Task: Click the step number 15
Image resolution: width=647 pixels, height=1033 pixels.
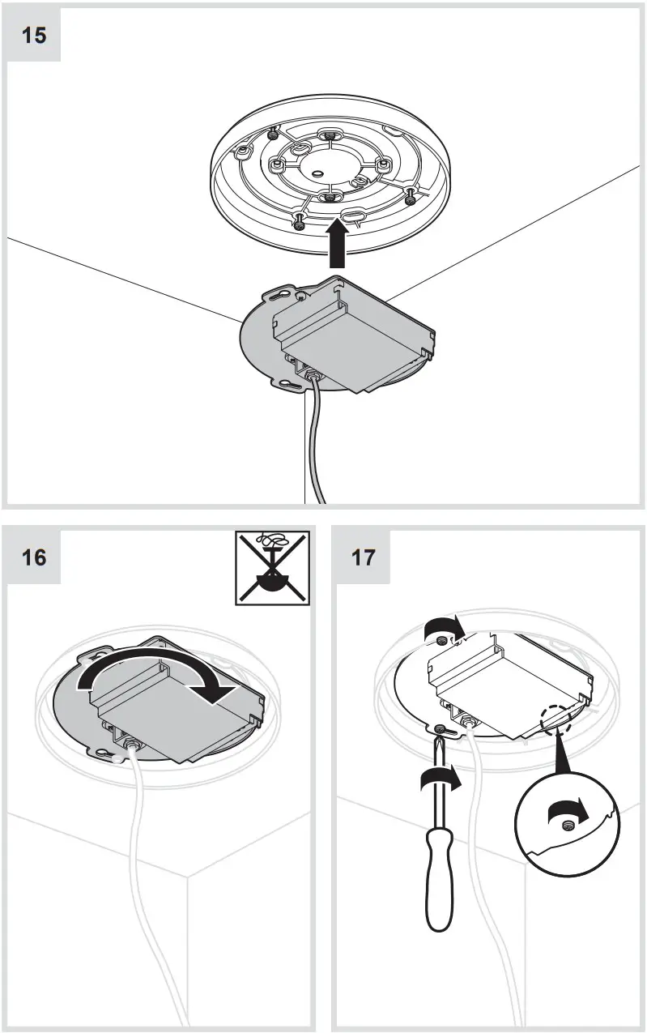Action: tap(34, 36)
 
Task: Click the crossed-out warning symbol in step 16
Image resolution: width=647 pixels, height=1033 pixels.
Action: tap(271, 567)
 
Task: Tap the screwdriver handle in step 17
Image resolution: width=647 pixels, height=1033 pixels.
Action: tap(437, 883)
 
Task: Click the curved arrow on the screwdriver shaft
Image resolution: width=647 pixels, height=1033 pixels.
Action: tap(441, 783)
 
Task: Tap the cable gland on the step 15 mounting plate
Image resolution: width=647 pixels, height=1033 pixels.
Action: tap(311, 374)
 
